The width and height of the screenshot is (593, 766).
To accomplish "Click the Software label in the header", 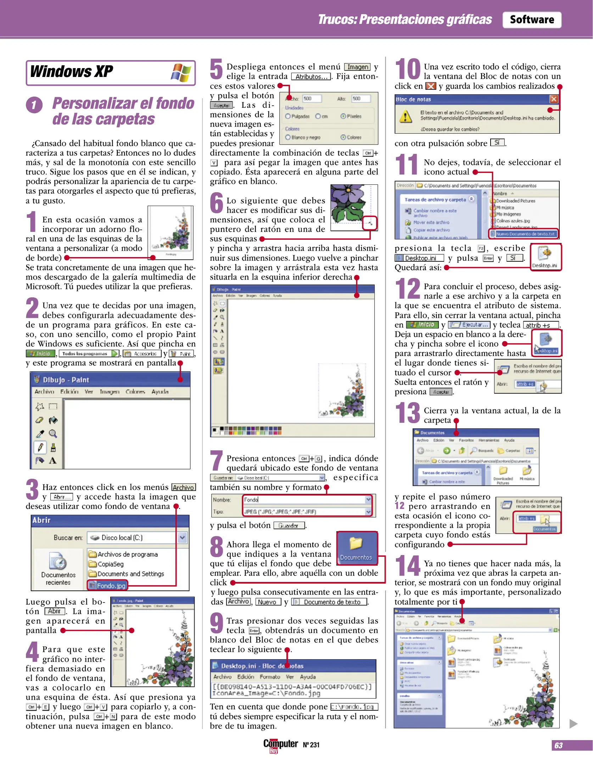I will pos(531,20).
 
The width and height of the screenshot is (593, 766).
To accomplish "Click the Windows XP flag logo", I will pos(181,73).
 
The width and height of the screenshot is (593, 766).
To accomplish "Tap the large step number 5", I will pos(216,69).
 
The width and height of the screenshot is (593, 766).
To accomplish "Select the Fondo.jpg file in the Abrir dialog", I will pos(107,585).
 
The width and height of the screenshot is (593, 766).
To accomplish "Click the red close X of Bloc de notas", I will pos(554,99).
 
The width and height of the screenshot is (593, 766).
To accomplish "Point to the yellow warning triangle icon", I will pos(405,116).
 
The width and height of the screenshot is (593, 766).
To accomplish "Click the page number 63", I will pos(559,745).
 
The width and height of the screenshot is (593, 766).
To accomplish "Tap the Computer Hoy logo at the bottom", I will pos(280,744).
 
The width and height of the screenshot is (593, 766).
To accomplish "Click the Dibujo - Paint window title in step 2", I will pos(66,380).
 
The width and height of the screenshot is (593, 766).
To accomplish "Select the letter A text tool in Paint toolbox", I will pos(53,461).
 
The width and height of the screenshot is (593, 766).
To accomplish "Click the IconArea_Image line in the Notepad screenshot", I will pos(266,693).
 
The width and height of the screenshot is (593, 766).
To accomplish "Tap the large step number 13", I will pos(408,413).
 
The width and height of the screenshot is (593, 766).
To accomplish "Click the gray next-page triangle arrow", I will pos(573,724).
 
